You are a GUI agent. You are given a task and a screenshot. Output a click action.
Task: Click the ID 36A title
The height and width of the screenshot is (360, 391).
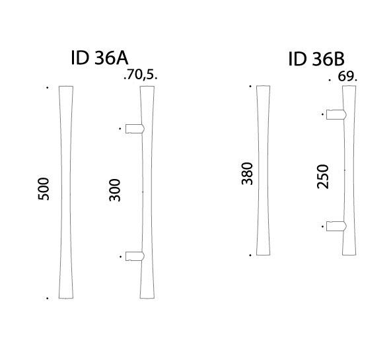tap(100, 57)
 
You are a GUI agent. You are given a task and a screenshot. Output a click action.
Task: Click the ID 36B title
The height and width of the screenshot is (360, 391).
tap(316, 59)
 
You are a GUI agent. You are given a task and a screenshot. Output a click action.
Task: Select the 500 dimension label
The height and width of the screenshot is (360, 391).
tap(44, 189)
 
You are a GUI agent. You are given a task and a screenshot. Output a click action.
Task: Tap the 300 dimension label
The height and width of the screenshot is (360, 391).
tap(115, 190)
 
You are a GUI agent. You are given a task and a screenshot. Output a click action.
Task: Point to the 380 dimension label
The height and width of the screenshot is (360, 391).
tap(248, 174)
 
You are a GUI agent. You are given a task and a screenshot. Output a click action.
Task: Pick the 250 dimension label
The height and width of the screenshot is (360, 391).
tap(323, 176)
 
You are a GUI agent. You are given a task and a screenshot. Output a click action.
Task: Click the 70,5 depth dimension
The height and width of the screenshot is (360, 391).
tap(141, 75)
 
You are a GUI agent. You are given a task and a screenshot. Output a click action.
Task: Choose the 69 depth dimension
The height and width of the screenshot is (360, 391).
tap(345, 77)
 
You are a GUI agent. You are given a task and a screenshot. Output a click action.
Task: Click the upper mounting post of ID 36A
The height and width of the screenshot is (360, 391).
tap(135, 128)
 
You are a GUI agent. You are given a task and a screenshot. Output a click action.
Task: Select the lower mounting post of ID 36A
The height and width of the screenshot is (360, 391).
tap(135, 256)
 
